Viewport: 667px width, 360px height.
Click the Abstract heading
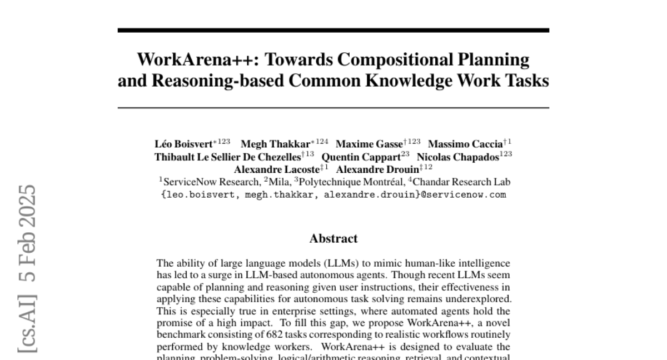tap(333, 239)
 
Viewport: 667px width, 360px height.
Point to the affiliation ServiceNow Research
tap(211, 182)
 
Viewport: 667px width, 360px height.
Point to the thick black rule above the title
tap(333, 30)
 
